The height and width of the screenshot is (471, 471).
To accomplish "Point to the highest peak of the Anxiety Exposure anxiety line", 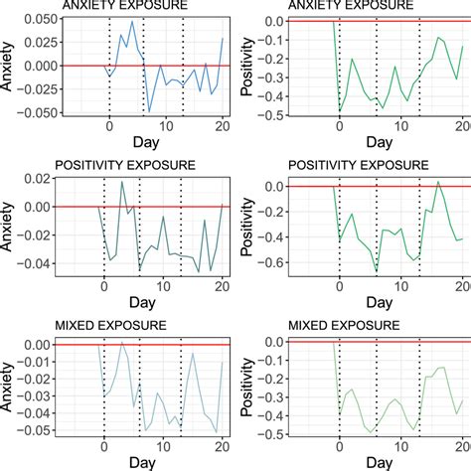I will (133, 19).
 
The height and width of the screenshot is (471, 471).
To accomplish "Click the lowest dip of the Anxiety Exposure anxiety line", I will (149, 111).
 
